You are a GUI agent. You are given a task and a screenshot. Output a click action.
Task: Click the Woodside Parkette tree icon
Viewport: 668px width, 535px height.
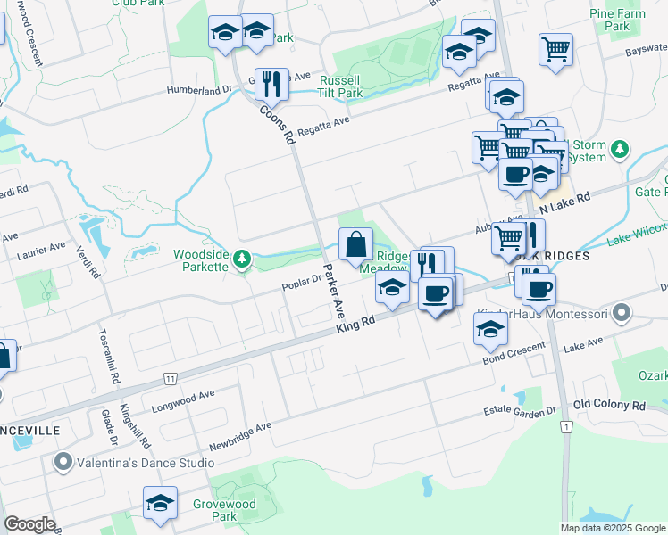241,259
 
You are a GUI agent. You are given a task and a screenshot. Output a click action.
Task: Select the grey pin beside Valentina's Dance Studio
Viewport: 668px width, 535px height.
63,463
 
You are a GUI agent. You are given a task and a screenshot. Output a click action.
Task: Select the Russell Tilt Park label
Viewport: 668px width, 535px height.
341,86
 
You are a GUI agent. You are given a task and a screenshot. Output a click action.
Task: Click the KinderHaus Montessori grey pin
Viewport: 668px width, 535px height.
622,314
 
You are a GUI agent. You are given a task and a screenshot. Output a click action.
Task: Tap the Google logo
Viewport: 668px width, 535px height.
29,524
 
